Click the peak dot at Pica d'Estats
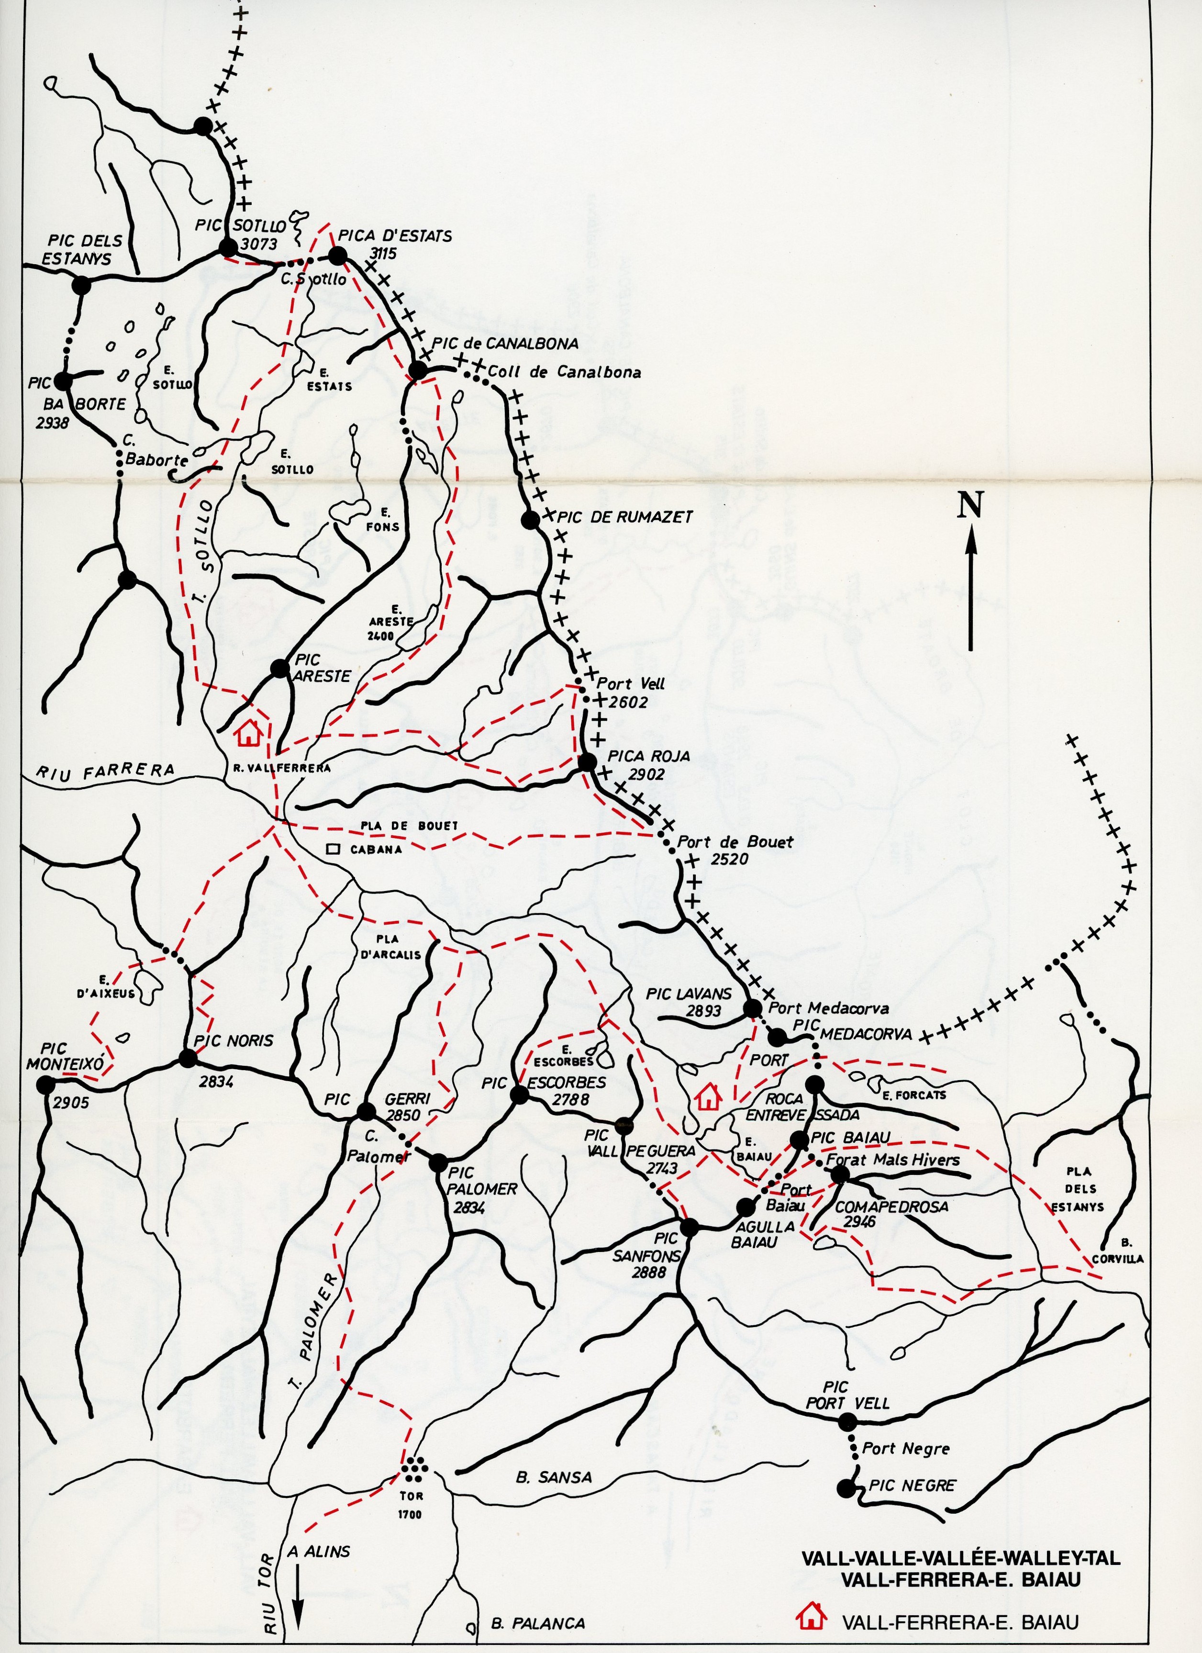click(337, 256)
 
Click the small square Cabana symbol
click(333, 849)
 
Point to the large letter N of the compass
click(970, 504)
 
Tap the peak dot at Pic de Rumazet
click(530, 520)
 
